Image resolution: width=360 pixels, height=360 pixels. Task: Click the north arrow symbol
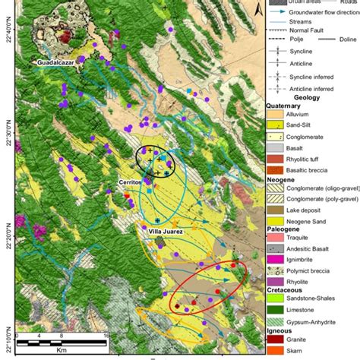pos(259,8)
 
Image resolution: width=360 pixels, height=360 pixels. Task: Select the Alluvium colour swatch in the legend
pos(274,112)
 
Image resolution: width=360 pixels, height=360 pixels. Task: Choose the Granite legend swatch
pos(274,342)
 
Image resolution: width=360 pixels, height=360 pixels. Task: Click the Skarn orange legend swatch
pos(274,353)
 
